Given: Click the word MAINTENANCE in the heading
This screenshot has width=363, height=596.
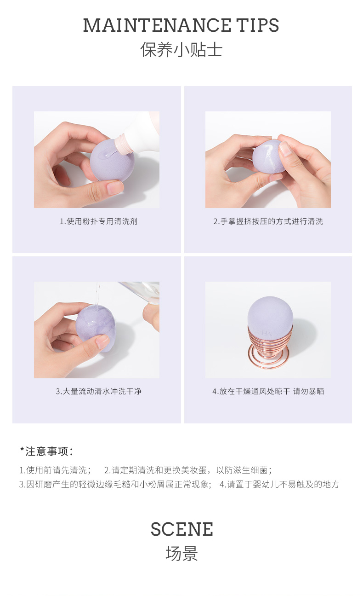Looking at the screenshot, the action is point(157,25).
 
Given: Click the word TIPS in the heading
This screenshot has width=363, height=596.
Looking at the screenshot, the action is point(257,25).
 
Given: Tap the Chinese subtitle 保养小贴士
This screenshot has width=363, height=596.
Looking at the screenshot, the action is point(181,50).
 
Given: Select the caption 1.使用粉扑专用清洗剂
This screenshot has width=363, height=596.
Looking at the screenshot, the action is point(99,221).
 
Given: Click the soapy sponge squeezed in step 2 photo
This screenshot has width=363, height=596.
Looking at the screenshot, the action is point(268,156).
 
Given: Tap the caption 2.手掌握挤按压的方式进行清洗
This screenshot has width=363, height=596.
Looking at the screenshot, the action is point(268,221).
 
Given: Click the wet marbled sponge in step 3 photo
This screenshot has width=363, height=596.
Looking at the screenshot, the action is point(96,328).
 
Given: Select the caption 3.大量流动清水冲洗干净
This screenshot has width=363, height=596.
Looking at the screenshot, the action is point(99,391).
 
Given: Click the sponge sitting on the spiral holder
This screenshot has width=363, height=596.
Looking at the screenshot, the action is point(270,315).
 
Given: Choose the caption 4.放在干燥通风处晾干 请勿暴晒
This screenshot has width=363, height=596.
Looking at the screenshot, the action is point(268,391).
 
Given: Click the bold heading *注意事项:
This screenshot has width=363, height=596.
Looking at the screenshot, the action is point(46,451).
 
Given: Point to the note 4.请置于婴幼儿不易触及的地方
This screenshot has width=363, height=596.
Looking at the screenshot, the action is point(279,484).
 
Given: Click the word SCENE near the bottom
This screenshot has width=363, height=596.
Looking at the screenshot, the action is point(182,529).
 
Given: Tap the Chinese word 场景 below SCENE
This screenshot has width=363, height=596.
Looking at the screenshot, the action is point(182,554).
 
